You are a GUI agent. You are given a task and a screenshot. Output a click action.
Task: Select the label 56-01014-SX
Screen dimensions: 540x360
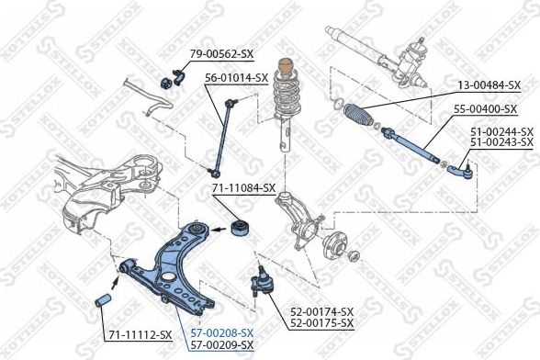point(236,78)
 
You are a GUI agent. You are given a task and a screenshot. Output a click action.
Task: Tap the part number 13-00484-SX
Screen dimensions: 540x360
point(489,84)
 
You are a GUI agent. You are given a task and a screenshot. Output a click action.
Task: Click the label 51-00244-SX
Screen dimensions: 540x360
point(501,132)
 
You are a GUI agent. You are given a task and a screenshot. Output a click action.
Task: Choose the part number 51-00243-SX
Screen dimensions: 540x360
point(501,142)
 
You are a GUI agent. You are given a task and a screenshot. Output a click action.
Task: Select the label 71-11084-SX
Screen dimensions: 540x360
point(243,188)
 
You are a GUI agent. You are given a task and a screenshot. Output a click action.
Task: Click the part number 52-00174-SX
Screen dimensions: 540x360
point(321,312)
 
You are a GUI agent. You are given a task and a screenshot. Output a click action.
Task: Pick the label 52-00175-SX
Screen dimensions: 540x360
point(321,323)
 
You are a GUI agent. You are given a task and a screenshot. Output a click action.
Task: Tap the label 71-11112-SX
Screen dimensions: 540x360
point(141,334)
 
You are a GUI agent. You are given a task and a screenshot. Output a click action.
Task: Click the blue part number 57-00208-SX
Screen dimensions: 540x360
point(221,334)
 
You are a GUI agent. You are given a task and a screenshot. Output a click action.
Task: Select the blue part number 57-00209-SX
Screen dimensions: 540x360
point(221,345)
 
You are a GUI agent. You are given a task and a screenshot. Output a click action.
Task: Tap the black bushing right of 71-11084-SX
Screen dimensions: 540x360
point(243,226)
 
